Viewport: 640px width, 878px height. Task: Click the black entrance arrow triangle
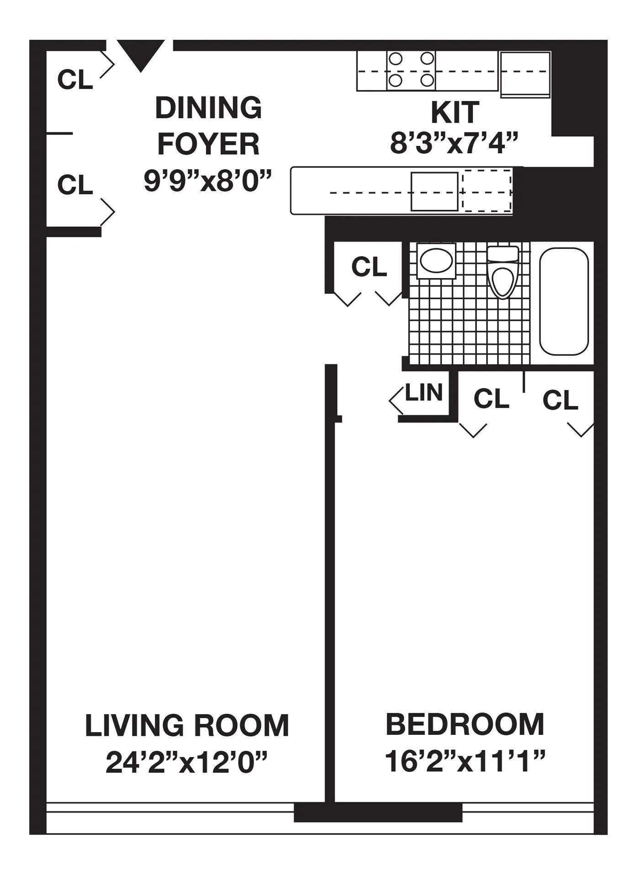140,52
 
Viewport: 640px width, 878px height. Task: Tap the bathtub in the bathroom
564,301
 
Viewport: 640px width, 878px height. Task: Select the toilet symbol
502,273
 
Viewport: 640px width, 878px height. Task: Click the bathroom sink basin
436,261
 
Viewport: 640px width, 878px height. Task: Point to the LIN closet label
424,393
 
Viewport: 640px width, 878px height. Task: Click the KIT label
455,112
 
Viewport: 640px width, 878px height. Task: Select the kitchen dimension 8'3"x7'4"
455,144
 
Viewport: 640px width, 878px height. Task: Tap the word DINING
208,108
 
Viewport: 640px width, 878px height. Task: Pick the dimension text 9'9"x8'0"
208,180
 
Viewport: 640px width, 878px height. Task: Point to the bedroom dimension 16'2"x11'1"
465,761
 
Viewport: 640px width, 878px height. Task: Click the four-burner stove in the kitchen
411,71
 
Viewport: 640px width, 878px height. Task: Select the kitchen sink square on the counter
434,192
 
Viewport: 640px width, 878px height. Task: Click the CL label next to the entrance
75,80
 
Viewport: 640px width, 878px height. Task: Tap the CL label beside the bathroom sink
369,267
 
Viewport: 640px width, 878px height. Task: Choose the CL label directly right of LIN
491,399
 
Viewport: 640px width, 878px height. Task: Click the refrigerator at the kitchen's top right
525,74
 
